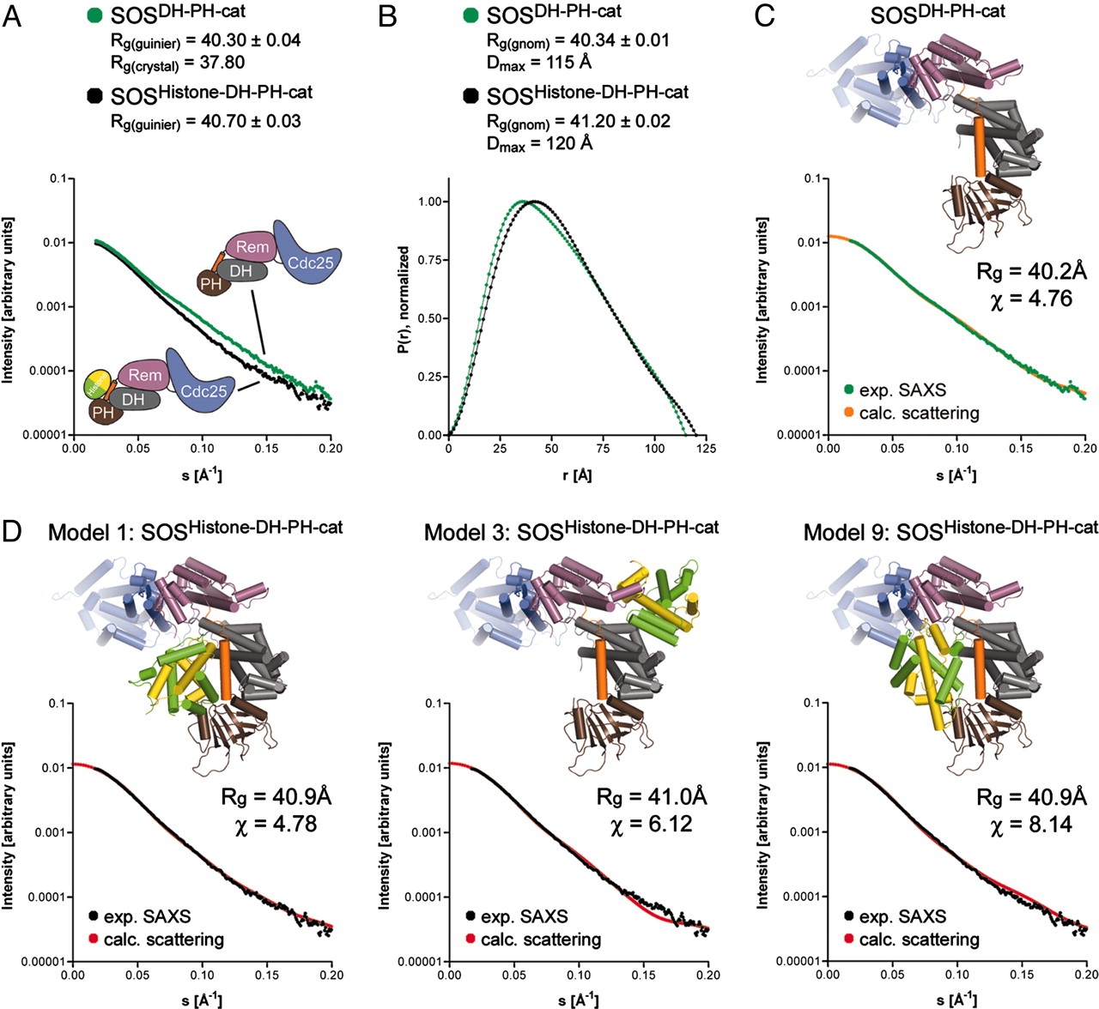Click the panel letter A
click(13, 15)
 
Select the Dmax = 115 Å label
click(538, 63)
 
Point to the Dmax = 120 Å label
click(539, 143)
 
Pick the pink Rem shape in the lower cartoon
click(145, 375)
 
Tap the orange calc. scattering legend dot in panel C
click(847, 414)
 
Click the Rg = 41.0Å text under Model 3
click(652, 797)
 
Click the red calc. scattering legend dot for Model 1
click(93, 940)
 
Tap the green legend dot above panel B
click(470, 15)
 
